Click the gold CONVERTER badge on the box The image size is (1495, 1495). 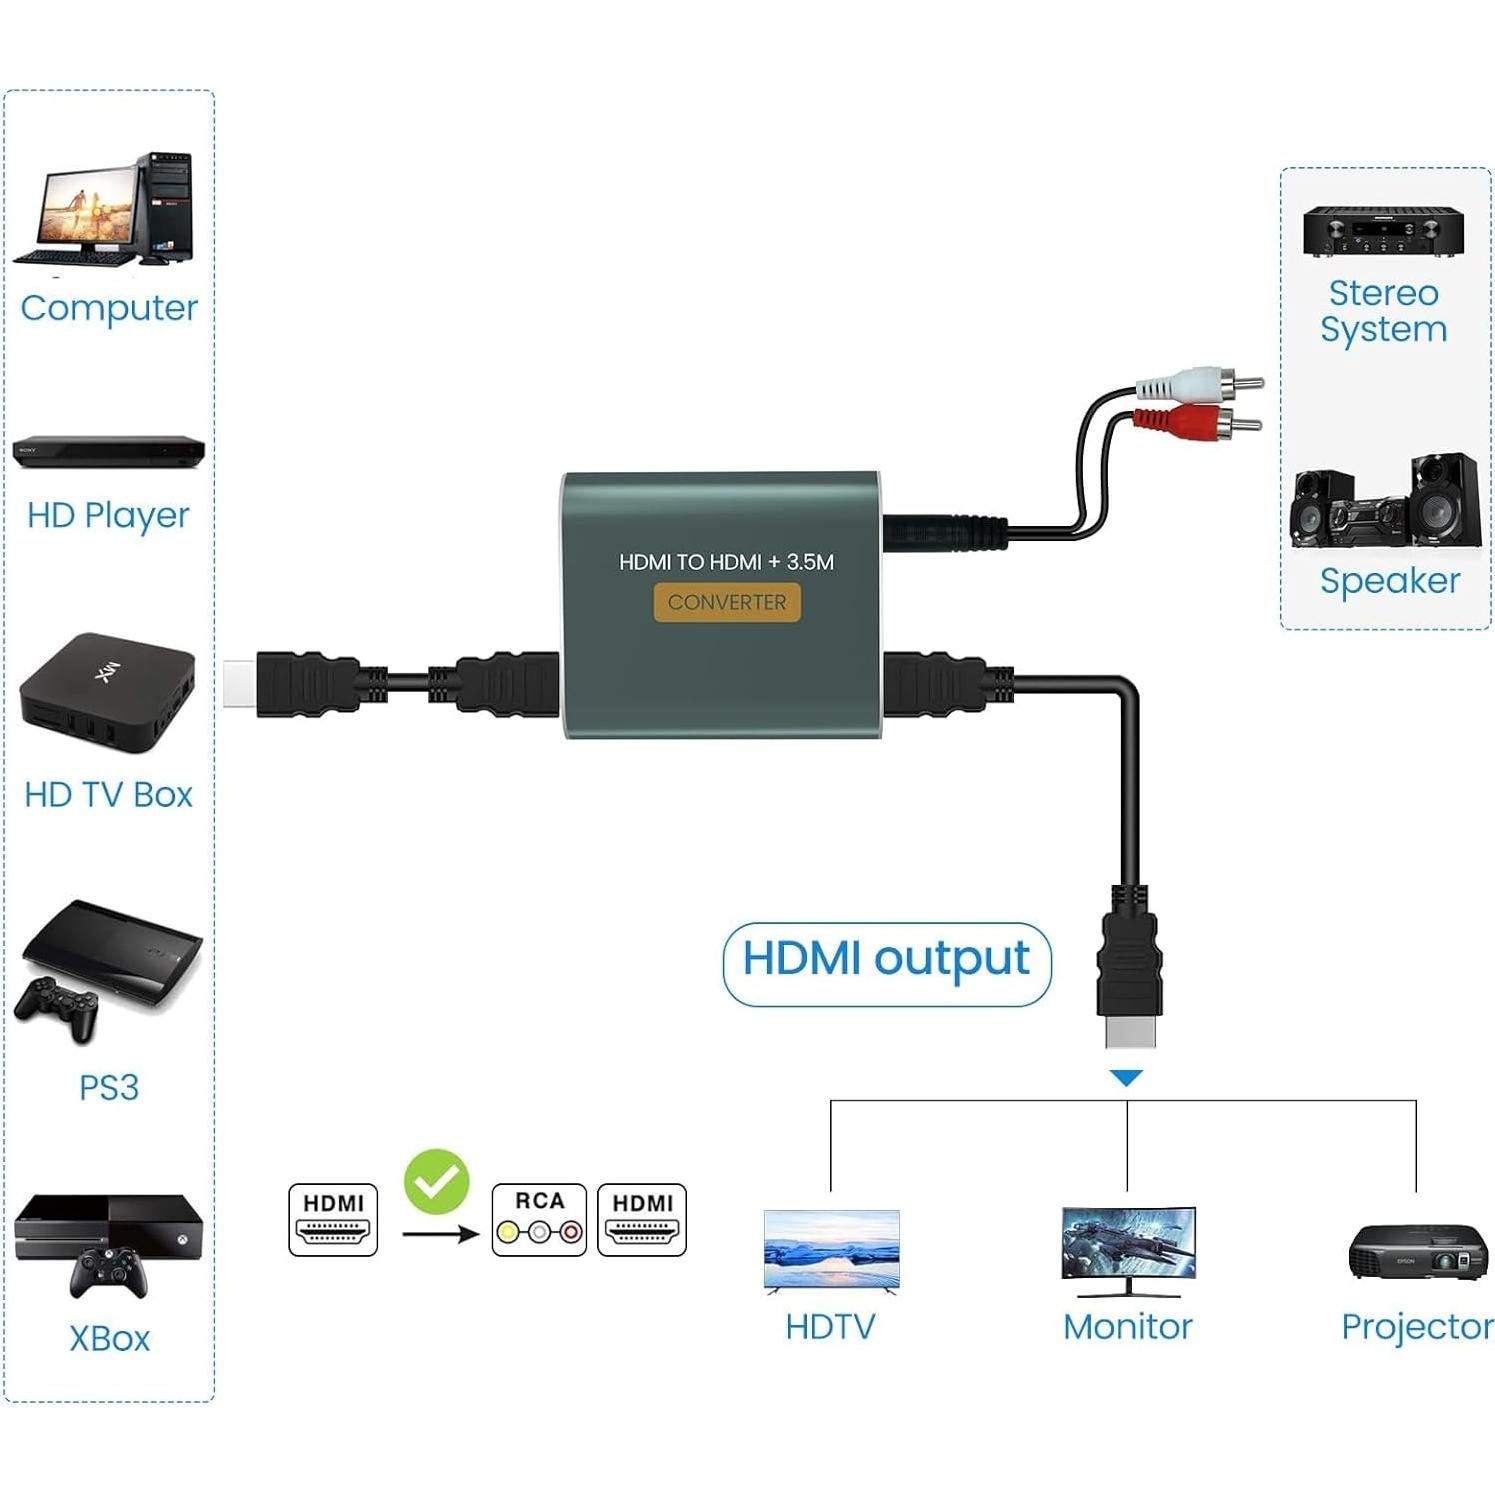coord(727,602)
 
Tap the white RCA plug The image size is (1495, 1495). coord(1200,383)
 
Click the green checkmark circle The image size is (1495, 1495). coord(436,1182)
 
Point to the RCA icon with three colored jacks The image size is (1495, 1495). coord(539,1219)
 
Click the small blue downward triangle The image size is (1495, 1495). coord(1126,1078)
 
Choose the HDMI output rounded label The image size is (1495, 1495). coord(886,962)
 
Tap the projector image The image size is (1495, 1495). coord(1416,1252)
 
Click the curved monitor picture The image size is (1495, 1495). coord(1128,1248)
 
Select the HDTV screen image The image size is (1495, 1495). coord(831,1250)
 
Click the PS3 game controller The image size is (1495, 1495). coord(58,1008)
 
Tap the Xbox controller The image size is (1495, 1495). coord(109,1273)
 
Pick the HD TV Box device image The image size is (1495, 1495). coord(107,691)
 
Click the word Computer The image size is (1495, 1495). coord(109,308)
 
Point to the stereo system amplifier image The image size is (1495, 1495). coord(1383,231)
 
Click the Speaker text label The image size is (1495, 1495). coord(1389,581)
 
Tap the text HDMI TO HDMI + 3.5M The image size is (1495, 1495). coord(726,562)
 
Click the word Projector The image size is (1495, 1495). coord(1416,1327)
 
